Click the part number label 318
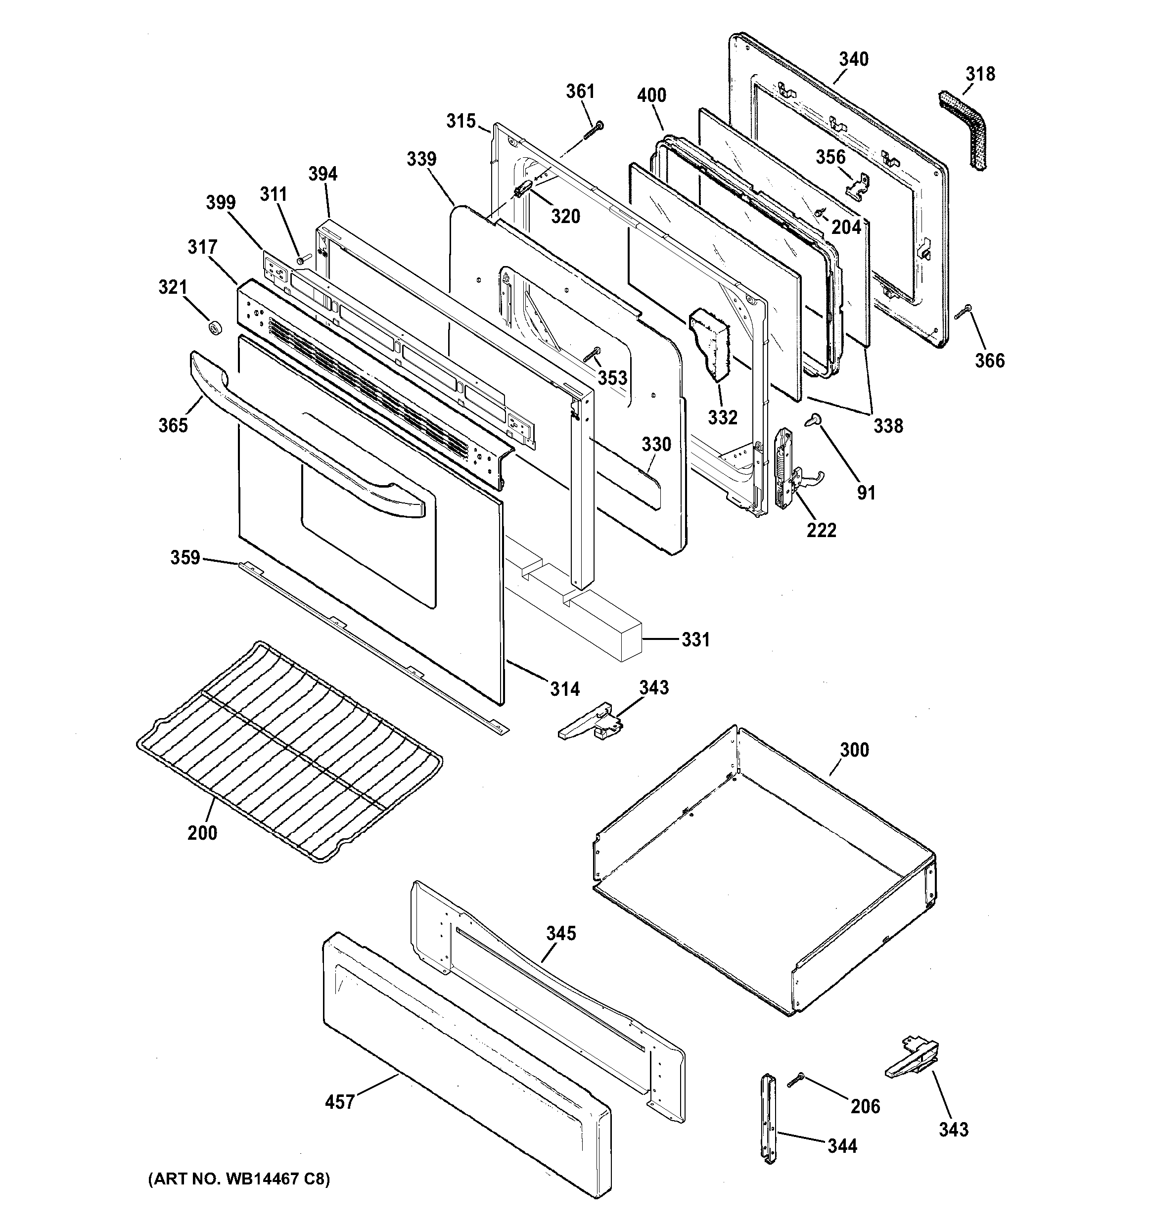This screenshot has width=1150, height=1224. coord(980,75)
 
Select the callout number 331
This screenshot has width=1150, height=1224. coord(695,640)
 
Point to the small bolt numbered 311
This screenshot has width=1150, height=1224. coord(300,261)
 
